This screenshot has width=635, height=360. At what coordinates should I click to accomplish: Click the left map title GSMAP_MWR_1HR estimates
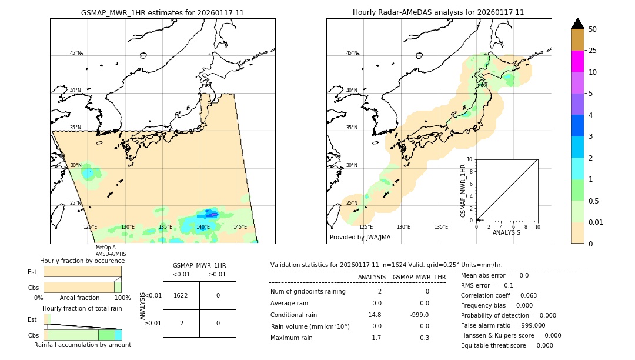162,12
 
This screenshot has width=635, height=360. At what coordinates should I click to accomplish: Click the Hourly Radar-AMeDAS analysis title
438,12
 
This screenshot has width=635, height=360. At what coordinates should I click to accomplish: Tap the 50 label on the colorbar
593,29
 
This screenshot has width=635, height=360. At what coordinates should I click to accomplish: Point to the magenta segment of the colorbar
577,61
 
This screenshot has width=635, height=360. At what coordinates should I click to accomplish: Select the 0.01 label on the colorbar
596,222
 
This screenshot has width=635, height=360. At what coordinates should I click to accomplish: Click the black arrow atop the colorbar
577,24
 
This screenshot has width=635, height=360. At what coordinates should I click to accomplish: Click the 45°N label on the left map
75,53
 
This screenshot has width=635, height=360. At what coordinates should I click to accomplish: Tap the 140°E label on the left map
202,227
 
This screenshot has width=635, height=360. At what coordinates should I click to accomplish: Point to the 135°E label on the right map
441,227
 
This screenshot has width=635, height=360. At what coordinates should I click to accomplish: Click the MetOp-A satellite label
106,248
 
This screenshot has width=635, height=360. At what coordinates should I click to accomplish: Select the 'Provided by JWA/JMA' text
360,238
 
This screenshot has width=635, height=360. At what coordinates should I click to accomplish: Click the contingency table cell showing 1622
181,295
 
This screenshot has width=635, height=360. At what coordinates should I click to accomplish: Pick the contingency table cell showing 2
181,323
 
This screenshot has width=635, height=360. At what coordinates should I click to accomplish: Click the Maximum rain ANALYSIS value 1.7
376,338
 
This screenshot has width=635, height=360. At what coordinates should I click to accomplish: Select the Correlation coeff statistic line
499,295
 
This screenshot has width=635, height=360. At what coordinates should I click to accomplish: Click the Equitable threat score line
507,345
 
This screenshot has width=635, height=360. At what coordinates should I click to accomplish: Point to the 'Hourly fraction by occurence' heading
82,261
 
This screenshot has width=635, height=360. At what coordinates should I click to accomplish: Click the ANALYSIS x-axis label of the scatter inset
507,232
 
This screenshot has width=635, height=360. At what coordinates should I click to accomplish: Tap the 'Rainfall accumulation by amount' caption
82,345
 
